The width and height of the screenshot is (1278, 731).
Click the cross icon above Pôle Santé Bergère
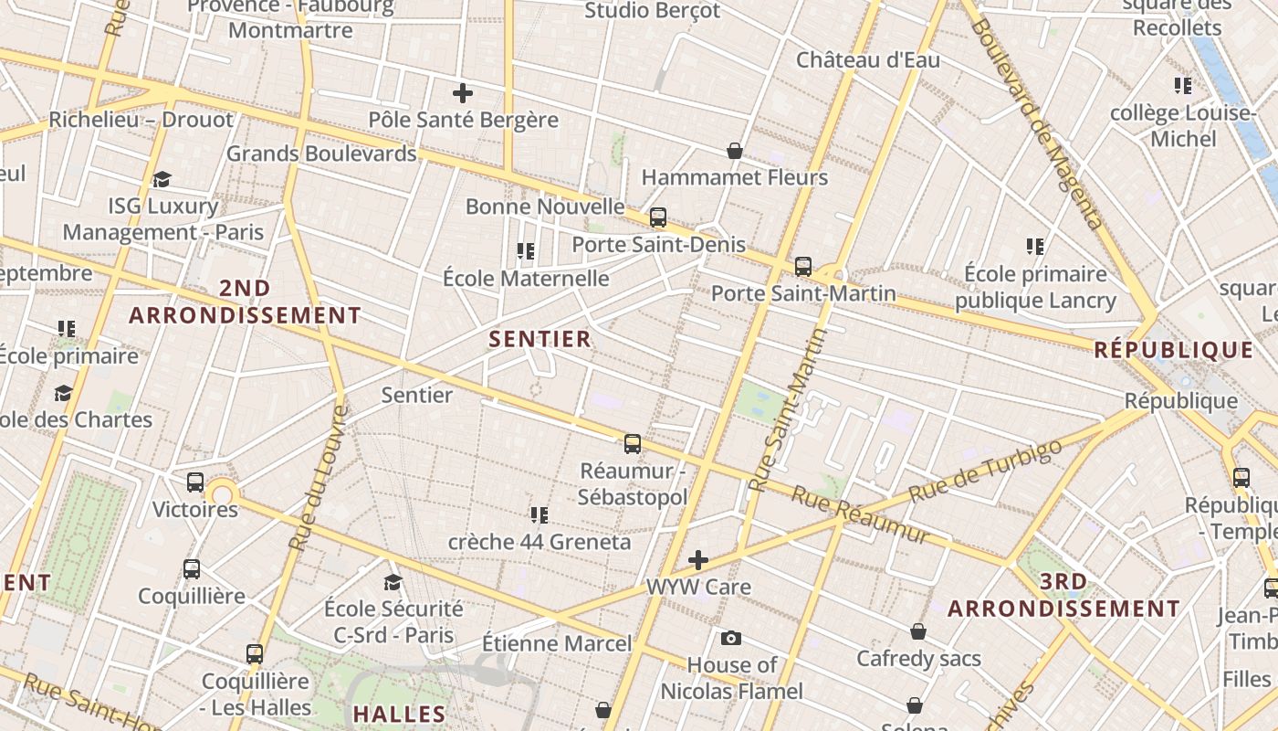(463, 92)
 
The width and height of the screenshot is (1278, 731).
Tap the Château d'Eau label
(867, 60)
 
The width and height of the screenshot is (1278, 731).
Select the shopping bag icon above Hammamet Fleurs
(734, 150)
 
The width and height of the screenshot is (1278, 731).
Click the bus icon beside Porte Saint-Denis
(657, 217)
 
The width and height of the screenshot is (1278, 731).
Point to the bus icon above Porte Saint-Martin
(802, 267)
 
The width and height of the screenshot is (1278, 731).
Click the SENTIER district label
(539, 339)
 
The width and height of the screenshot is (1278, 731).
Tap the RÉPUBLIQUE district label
(1173, 350)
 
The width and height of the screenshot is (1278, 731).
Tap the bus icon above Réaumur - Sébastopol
(632, 444)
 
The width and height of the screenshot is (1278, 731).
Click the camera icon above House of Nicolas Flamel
(730, 638)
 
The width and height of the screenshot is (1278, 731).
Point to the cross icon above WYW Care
(698, 559)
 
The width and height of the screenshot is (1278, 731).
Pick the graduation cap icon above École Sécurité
(393, 582)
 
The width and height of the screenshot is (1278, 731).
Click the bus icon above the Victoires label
(195, 482)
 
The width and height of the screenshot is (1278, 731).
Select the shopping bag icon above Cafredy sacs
(918, 631)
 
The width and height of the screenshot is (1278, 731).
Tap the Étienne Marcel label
(557, 643)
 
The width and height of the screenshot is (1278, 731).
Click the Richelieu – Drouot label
(141, 120)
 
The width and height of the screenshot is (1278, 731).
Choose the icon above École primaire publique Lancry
(1034, 246)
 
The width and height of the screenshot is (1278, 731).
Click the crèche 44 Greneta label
(539, 542)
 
